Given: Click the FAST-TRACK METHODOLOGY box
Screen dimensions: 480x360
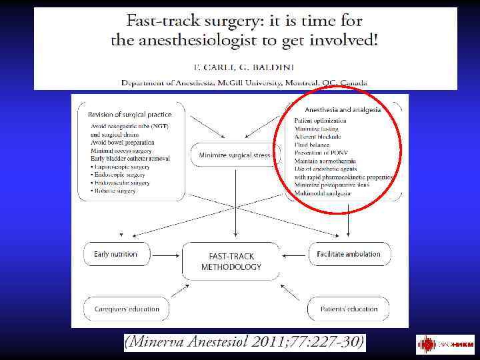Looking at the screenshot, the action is coord(231,261).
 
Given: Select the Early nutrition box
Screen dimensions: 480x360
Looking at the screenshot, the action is coord(116,254).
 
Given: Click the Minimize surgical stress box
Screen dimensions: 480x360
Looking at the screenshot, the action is coord(235,155).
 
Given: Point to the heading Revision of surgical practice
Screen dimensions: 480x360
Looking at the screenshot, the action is coord(129,115).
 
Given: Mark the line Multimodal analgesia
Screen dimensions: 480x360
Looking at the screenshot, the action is coord(323,193).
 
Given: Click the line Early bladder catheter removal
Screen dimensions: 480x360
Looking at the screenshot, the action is coord(130,158).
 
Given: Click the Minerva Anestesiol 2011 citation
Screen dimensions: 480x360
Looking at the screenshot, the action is coord(245,343).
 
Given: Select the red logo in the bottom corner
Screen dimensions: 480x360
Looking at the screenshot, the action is coord(445,345).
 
